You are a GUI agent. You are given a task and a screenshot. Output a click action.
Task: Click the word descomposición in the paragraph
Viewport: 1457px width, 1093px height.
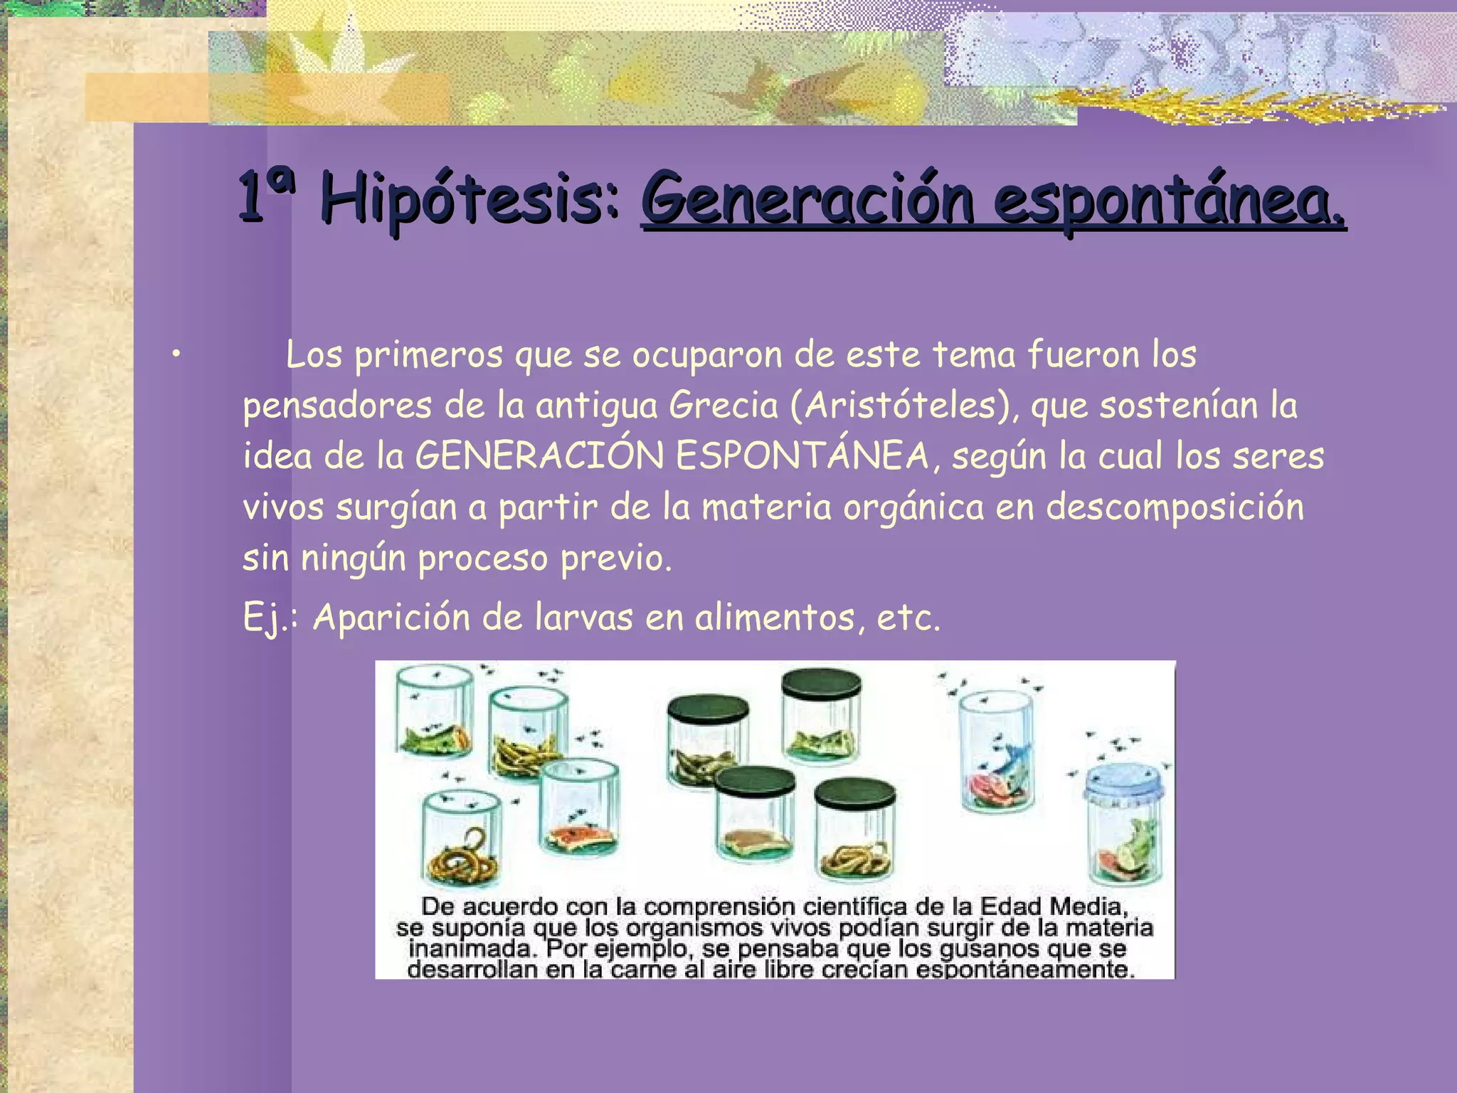[x=1175, y=507]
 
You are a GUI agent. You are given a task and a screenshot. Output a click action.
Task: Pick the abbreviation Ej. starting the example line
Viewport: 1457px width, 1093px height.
[x=265, y=617]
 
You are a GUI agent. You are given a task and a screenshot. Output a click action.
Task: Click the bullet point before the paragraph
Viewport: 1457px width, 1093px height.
[x=176, y=354]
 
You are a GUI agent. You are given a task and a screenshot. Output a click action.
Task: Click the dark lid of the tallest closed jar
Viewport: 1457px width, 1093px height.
[x=821, y=683]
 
